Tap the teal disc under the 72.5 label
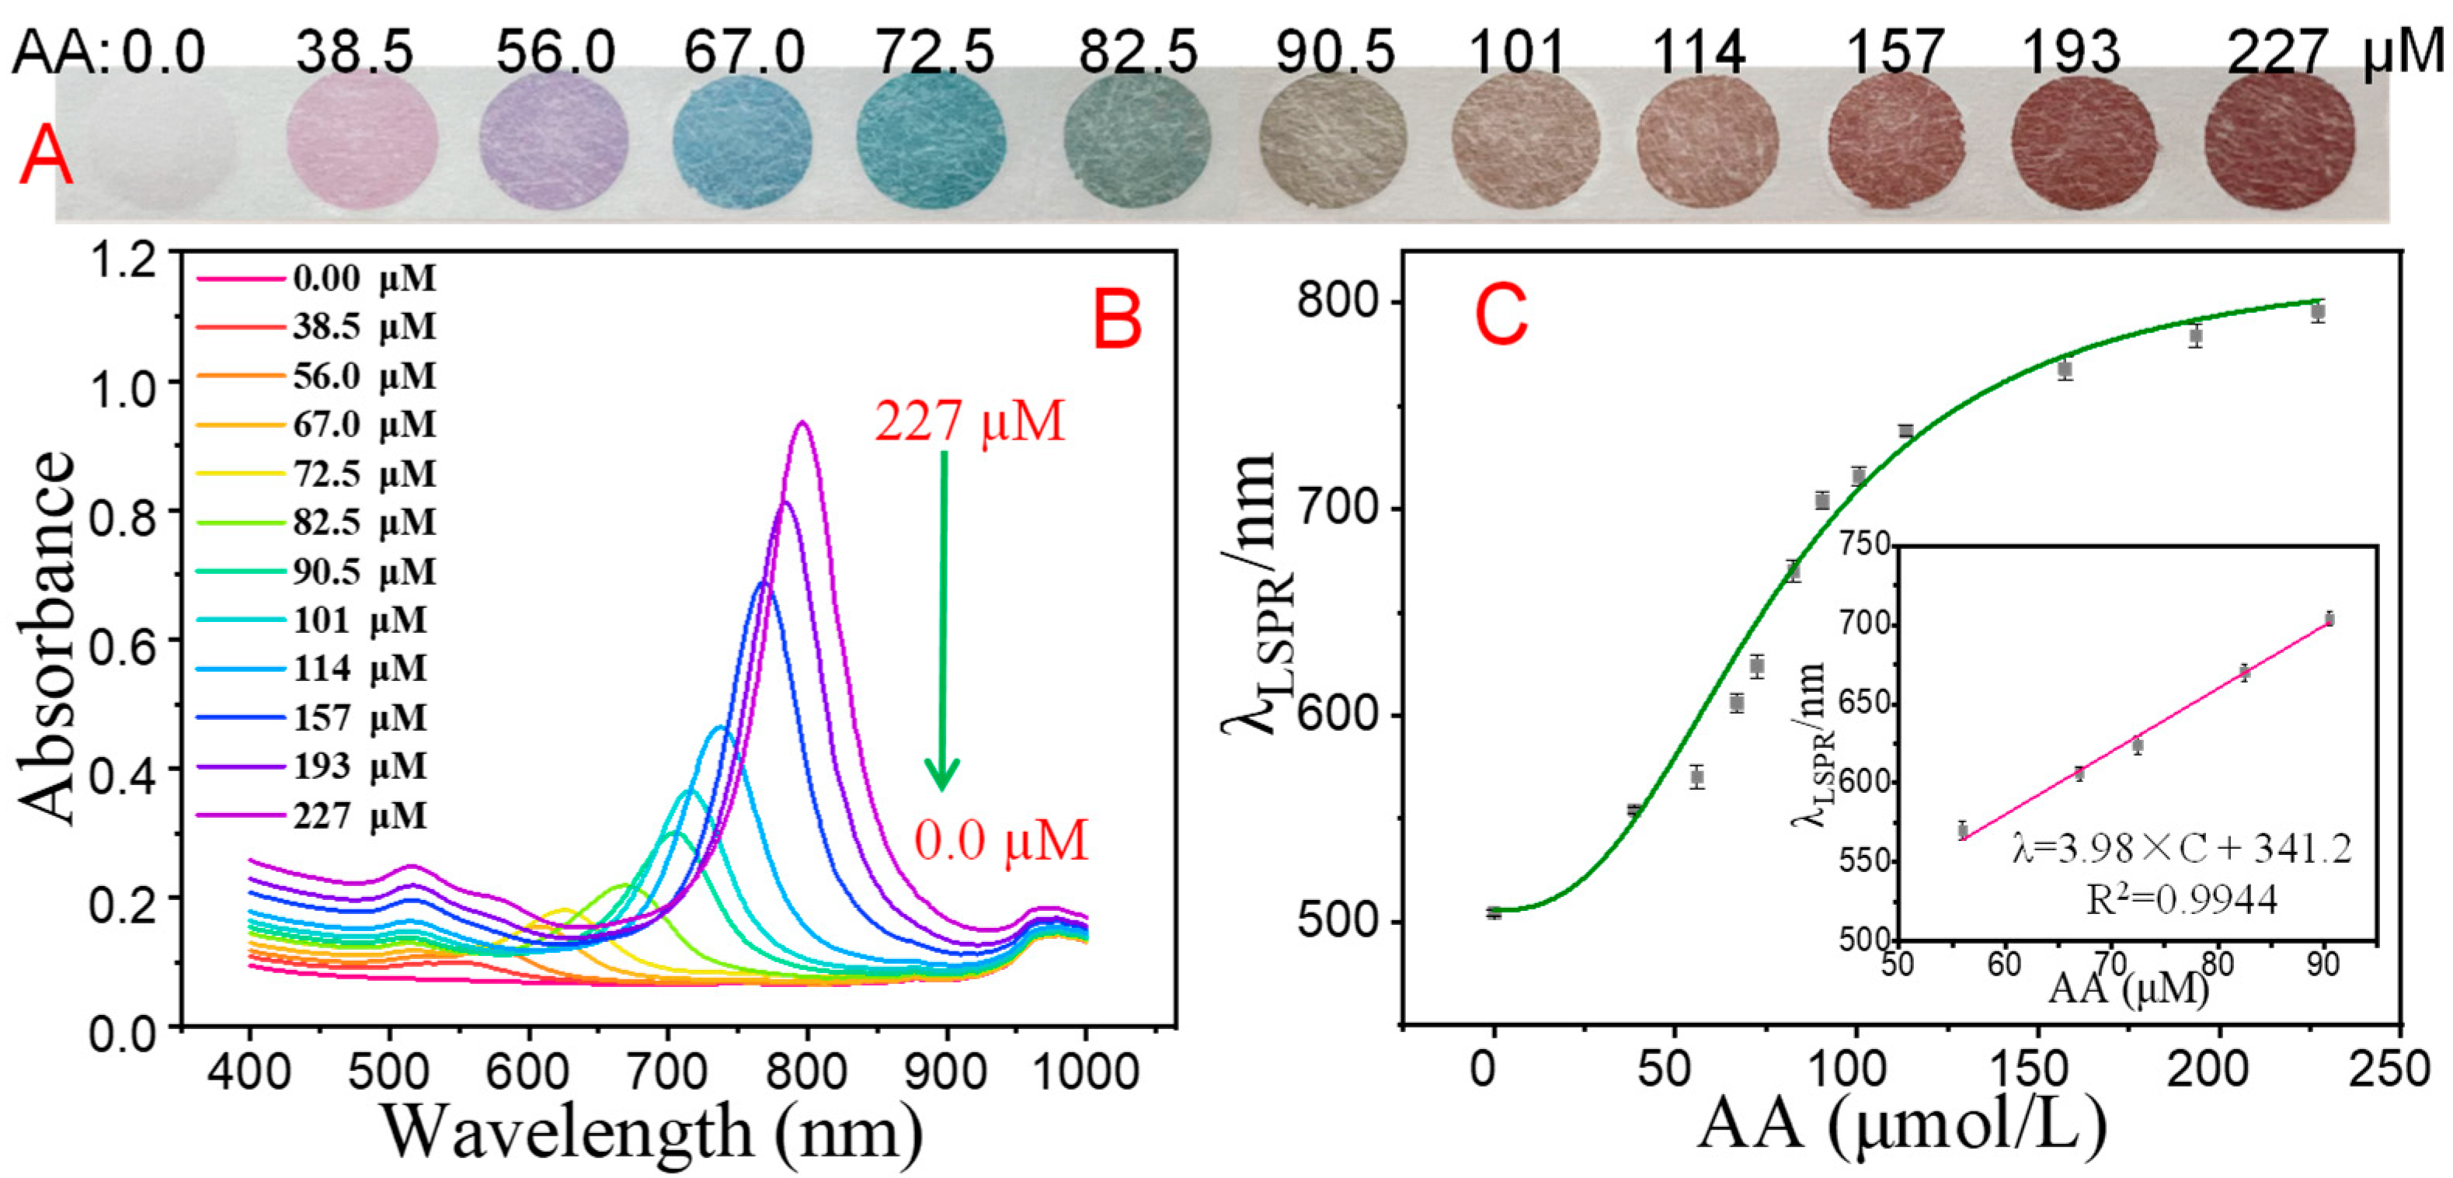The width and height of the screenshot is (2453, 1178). click(931, 138)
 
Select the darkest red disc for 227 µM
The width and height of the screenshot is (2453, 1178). click(2280, 138)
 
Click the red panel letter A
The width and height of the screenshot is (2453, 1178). click(45, 158)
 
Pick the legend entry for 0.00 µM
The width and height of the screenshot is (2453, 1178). click(316, 279)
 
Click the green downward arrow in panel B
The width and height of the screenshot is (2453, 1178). click(943, 619)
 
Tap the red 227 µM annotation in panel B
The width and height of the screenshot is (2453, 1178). click(969, 421)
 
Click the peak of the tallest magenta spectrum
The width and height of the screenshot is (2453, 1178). click(802, 423)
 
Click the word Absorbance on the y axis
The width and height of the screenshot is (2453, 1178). click(47, 638)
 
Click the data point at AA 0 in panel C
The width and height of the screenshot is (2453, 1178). click(1494, 912)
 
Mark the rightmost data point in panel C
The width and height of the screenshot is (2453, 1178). click(2318, 311)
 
